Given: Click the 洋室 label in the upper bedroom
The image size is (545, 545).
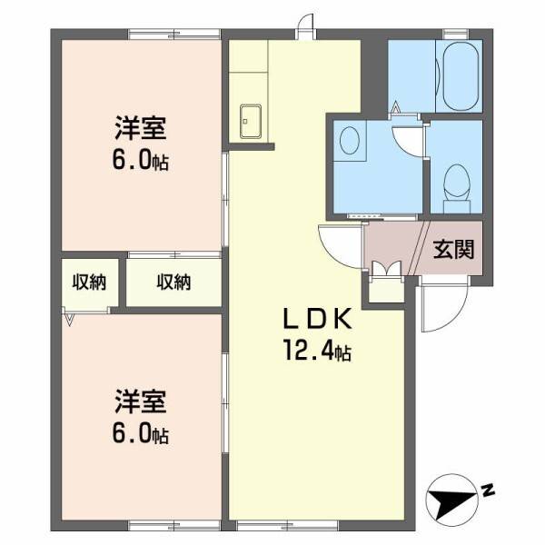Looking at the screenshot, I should click(140, 129).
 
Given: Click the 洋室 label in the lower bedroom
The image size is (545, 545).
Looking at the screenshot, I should click(140, 400).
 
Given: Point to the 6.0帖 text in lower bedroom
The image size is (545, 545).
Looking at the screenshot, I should click(142, 433).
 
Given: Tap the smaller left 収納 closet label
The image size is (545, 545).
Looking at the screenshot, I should click(89, 282).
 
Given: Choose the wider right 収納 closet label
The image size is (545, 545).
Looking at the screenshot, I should click(173, 282).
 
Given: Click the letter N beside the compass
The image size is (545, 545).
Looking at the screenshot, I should click(488, 490).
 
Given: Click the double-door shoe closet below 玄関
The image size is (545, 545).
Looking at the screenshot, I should click(386, 280).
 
